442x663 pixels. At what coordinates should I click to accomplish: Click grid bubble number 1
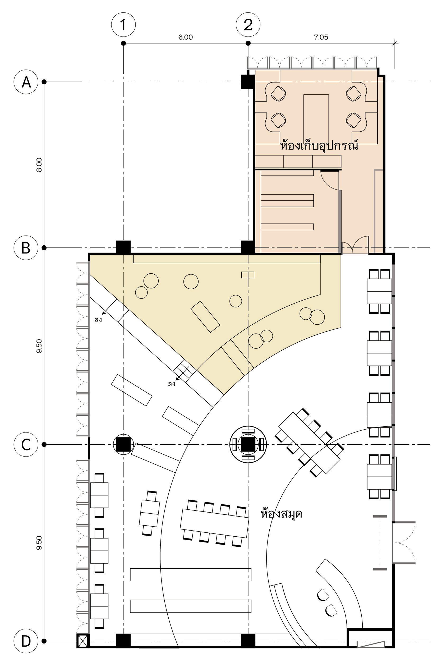click(123, 25)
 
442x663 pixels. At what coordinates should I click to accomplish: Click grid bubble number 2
click(248, 25)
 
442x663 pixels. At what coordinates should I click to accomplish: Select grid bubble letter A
click(26, 82)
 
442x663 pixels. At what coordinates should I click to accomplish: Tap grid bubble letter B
click(26, 248)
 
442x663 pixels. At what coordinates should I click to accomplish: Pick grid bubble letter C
click(26, 445)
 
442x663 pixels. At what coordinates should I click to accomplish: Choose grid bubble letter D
click(26, 641)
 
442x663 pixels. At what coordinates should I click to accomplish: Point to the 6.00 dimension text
click(186, 37)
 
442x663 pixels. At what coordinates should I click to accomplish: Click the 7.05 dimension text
click(321, 37)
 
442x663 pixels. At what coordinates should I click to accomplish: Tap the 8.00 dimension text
click(39, 165)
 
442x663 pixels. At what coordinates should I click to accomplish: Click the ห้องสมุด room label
click(281, 513)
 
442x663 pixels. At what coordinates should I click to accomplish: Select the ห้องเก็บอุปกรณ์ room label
click(319, 145)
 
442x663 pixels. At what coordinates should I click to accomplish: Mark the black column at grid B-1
click(123, 247)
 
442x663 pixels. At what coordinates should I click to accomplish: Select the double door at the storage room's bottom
click(355, 245)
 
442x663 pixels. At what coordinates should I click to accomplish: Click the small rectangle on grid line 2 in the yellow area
click(248, 275)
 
